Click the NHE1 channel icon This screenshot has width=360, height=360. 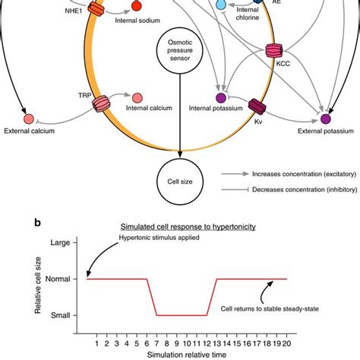97,9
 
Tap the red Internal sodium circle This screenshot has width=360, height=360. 136,7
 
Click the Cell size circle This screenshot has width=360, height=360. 179,182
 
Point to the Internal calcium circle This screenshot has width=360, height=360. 137,98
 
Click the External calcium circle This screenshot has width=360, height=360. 29,118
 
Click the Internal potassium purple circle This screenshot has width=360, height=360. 221,98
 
